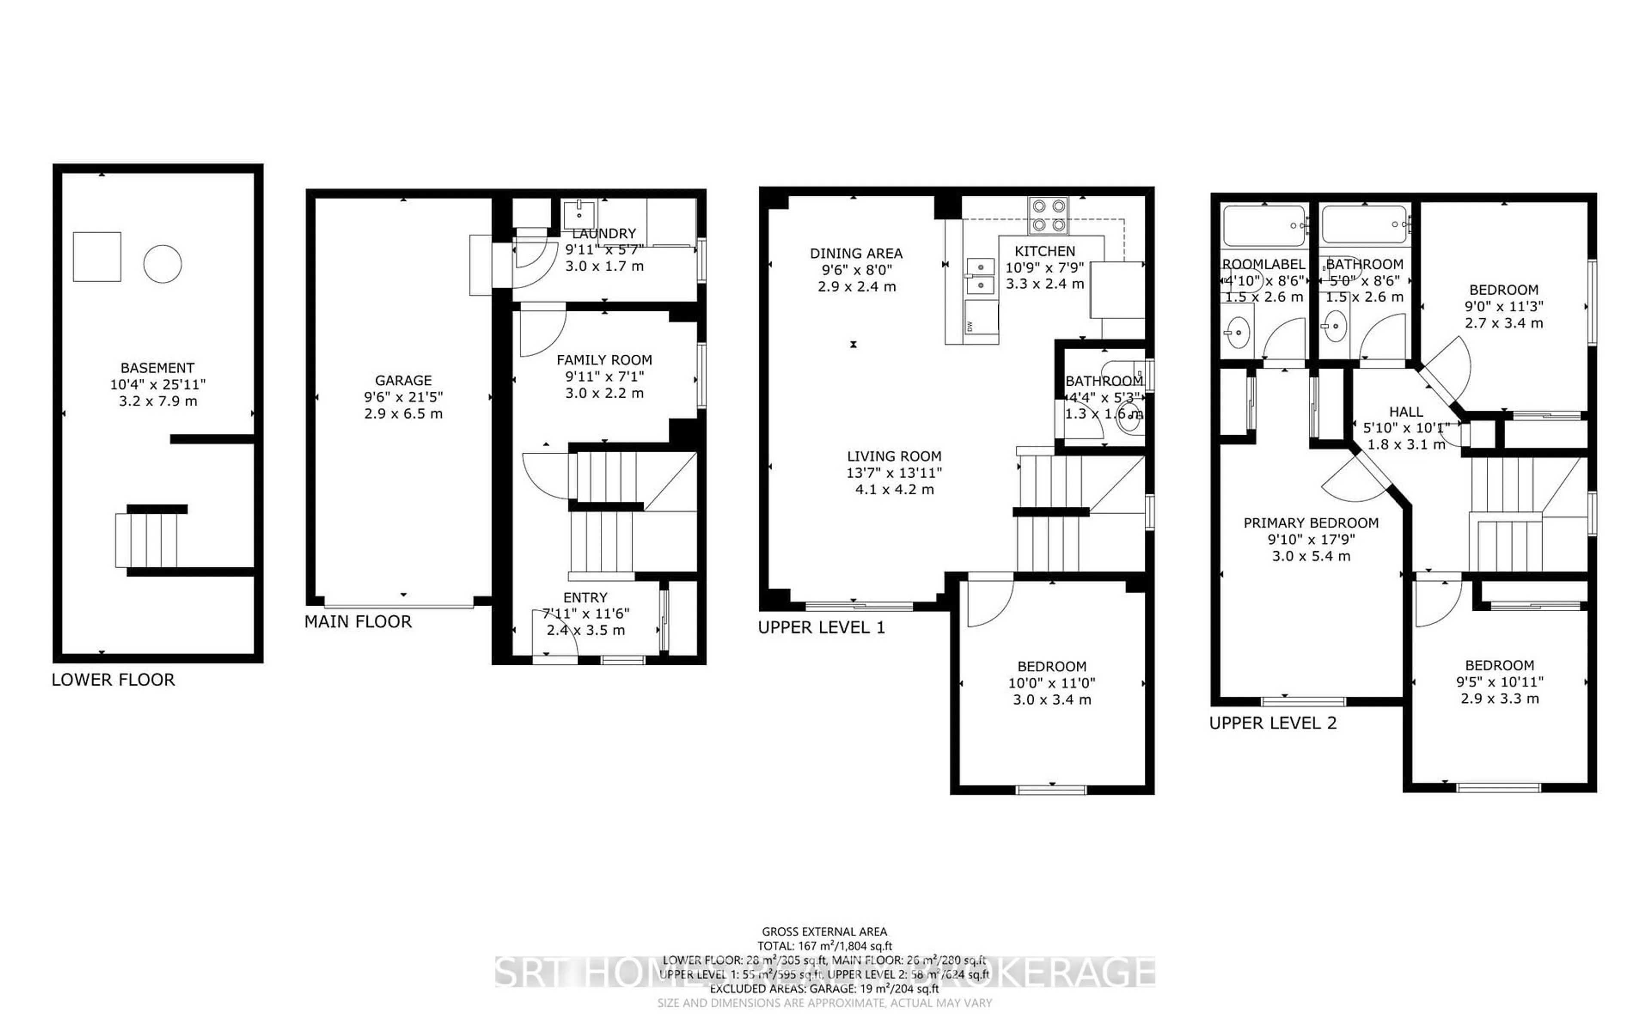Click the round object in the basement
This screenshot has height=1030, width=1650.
(x=162, y=264)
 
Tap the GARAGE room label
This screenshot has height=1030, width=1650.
(x=403, y=380)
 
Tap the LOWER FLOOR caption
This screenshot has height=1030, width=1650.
(x=113, y=680)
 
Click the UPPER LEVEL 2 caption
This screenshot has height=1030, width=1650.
(x=1273, y=723)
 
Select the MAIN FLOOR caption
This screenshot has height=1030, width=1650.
(x=357, y=622)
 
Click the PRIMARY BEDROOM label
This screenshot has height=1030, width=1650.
(x=1311, y=523)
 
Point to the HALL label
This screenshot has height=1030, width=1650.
(x=1406, y=412)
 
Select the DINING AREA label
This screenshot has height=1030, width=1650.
(x=856, y=253)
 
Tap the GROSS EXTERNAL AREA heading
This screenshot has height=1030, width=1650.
(x=824, y=931)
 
